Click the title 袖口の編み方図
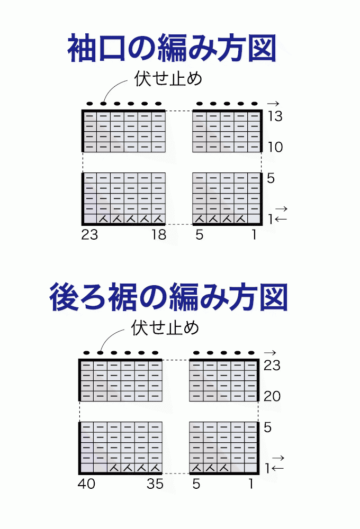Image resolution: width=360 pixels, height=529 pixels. [172, 48]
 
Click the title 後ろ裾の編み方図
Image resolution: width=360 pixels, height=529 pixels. [168, 297]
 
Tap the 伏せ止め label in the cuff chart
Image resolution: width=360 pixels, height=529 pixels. [168, 79]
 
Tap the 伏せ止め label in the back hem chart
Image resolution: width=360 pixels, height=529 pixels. [165, 328]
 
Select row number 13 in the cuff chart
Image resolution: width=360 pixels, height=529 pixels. [275, 116]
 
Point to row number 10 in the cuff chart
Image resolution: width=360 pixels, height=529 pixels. [275, 147]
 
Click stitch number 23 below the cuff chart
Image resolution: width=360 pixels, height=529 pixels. [89, 234]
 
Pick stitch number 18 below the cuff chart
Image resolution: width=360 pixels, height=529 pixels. [159, 234]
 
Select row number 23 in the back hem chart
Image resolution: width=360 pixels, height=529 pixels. [272, 366]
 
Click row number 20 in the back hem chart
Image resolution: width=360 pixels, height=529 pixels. [272, 396]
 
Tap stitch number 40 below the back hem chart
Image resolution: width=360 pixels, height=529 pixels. [86, 484]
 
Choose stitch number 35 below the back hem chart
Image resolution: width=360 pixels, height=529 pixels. [155, 484]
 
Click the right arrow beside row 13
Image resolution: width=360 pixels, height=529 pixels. [273, 104]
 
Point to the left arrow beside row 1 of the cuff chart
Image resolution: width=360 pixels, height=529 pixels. [281, 220]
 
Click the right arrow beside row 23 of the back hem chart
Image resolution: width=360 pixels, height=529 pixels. [270, 353]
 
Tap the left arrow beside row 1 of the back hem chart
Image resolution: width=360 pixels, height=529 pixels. [277, 468]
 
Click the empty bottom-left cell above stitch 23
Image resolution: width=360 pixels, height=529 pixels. [90, 218]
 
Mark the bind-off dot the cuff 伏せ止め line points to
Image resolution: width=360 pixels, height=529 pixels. [103, 104]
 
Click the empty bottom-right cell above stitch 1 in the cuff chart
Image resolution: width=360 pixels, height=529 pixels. [254, 218]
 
